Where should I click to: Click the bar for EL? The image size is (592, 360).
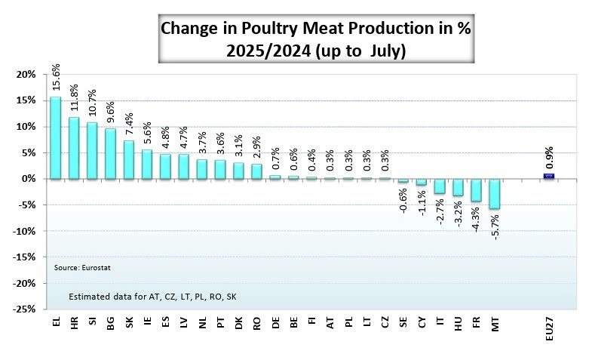point(56,137)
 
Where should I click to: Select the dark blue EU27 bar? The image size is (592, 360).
point(549,176)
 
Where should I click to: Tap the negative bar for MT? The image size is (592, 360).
point(494,194)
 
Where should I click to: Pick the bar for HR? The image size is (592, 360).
point(74,148)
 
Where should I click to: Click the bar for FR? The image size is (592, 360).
point(476,190)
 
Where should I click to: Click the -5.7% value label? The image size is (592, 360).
point(495,224)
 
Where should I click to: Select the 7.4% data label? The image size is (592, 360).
point(129,122)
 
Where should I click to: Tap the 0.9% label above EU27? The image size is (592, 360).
point(549,157)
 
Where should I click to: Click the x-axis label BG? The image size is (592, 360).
point(111,322)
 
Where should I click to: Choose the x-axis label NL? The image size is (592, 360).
point(202,322)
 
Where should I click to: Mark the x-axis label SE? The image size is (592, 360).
point(403,322)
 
